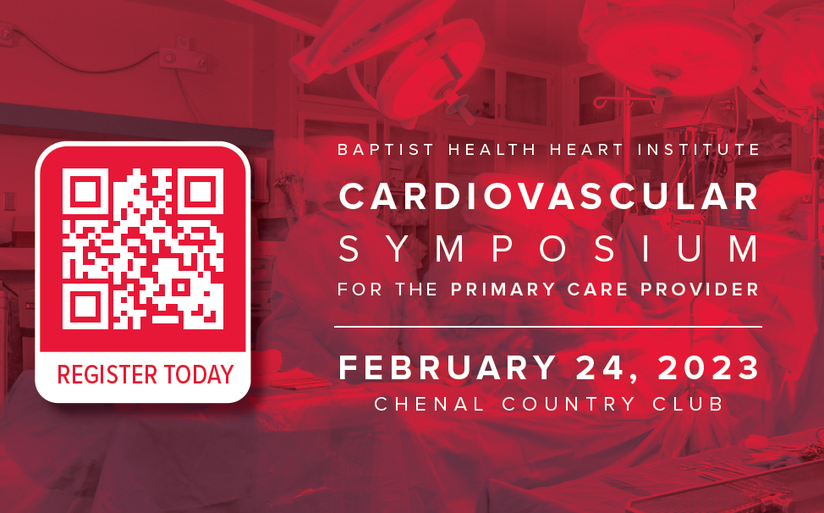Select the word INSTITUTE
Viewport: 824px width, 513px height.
[x=699, y=150]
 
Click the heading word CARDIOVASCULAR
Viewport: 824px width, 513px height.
[x=549, y=196]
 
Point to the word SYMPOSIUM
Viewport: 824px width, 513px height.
[x=549, y=249]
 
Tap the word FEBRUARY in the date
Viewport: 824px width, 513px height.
[x=448, y=367]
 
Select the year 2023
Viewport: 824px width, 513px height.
[x=708, y=367]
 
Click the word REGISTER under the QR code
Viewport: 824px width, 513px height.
[x=107, y=374]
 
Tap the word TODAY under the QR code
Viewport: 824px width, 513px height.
[x=199, y=374]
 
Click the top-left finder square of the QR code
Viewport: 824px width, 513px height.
[x=85, y=191]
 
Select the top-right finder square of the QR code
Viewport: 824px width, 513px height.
[x=201, y=191]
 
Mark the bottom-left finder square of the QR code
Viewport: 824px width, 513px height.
[x=85, y=306]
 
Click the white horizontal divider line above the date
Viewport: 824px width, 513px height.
[x=548, y=327]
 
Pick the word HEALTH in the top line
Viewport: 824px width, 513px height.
[x=492, y=150]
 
